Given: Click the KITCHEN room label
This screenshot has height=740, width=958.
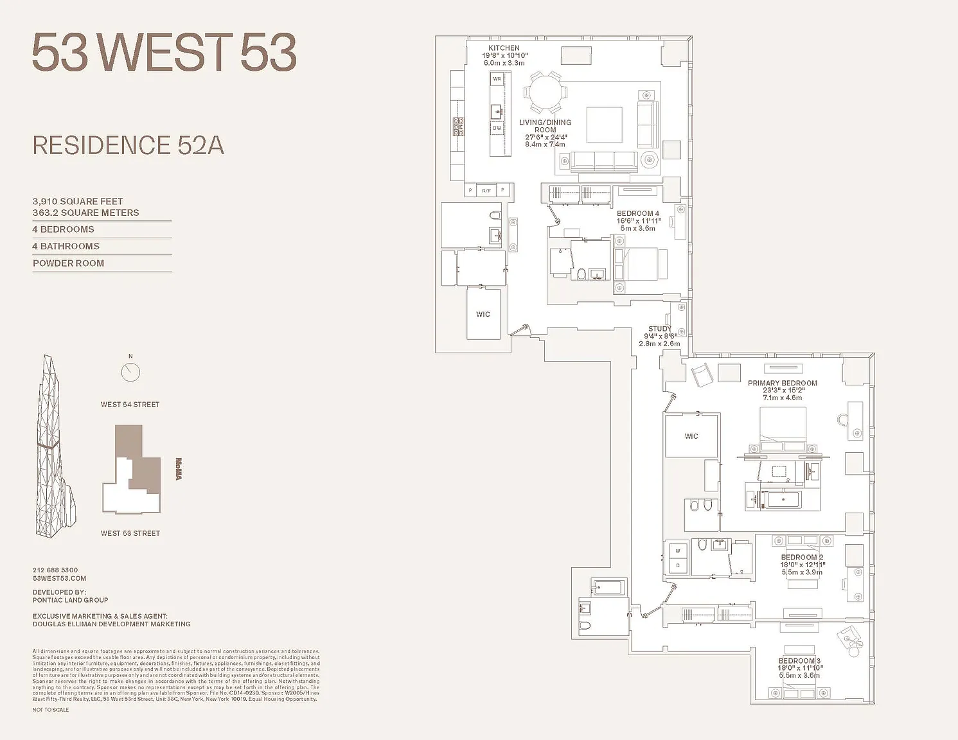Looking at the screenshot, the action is pos(504,48).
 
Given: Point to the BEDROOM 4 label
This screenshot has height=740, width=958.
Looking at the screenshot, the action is pos(638,213).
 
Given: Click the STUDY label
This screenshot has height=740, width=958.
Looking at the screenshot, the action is pos(659,329).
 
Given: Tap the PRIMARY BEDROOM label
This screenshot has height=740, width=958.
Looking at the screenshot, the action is pos(782,383).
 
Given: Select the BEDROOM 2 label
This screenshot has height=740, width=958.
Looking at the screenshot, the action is pos(801,558).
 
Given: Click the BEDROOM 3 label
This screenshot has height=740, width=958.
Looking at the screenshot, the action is pos(799,661).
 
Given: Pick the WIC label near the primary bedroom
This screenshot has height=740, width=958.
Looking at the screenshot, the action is pos(691,436).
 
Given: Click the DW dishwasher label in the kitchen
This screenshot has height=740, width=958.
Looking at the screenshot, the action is pos(497,128).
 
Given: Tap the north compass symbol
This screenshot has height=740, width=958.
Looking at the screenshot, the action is pos(130,371).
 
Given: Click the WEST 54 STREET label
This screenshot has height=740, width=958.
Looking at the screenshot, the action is pos(130,405).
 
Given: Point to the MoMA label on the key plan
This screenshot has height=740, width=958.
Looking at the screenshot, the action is pos(179,469).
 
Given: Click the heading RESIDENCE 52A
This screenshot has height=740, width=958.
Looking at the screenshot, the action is pos(129,146).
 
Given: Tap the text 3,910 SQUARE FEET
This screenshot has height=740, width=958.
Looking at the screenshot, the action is pos(78,201).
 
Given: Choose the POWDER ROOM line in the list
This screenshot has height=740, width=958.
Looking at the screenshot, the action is pos(68,263).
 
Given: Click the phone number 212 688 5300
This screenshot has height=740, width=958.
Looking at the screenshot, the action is pos(55,570).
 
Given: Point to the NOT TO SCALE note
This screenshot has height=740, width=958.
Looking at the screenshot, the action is pos(51,710).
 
